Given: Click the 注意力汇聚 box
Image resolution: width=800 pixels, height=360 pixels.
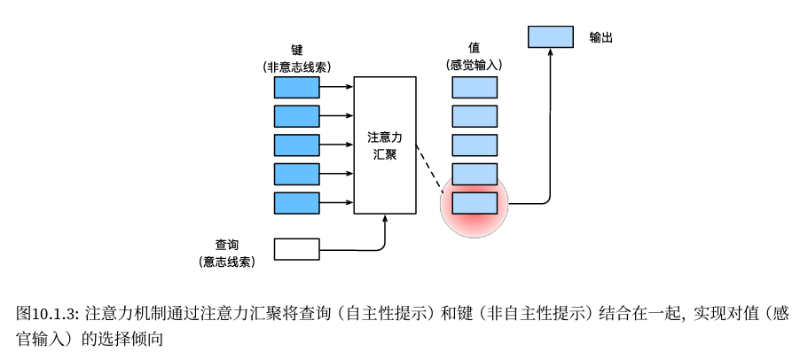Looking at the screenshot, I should point(385,145).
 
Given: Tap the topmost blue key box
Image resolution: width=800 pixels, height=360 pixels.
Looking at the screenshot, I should point(296,87).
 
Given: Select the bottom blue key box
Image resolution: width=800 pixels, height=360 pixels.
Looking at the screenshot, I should point(296,203).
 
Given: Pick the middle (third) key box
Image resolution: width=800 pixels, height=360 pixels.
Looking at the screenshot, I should point(296,145).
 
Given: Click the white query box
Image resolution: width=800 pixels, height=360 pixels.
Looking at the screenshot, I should point(296,250).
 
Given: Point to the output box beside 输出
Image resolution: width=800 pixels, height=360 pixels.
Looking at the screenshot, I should point(551,37).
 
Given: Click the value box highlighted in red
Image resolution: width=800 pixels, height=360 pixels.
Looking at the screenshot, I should point(475,203).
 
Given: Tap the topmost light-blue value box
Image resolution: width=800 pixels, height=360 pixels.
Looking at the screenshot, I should point(475,87).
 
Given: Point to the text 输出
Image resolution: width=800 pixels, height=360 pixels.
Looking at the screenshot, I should point(601,37).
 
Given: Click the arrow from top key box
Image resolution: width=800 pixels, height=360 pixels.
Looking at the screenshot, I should point(336,87).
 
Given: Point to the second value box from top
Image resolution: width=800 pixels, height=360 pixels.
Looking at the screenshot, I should point(475,116).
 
